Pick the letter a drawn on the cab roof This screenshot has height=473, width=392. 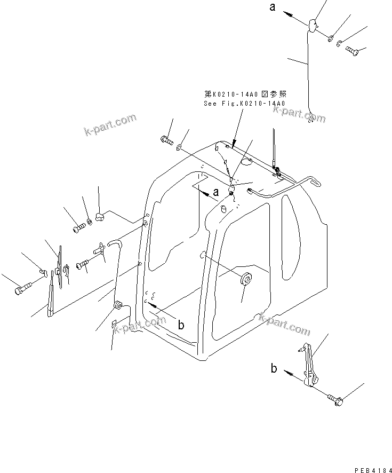coord(215,191)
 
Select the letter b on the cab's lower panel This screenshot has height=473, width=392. coord(181,325)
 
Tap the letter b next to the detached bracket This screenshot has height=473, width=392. coord(274,368)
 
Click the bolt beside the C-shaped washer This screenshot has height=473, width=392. coord(352,51)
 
